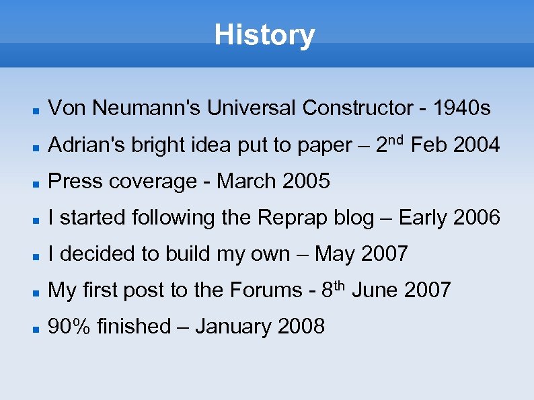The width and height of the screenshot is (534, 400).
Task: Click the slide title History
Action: click(264, 34)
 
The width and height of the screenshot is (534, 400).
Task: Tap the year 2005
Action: click(307, 181)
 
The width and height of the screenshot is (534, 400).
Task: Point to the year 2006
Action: click(478, 218)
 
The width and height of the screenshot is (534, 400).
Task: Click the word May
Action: click(335, 254)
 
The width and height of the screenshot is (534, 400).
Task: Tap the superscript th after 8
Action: click(340, 285)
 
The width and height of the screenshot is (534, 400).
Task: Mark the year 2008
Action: click(301, 327)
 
